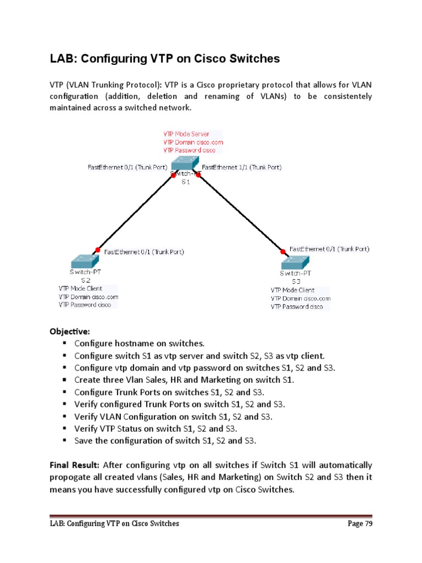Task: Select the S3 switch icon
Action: click(x=296, y=262)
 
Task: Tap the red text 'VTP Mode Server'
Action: click(x=188, y=134)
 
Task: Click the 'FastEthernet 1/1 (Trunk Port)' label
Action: click(x=242, y=167)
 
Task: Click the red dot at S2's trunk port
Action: click(x=98, y=249)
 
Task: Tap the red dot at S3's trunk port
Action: click(x=283, y=251)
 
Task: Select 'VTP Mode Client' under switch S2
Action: click(x=80, y=288)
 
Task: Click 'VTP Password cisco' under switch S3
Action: click(x=297, y=307)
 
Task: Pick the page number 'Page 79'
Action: click(x=360, y=523)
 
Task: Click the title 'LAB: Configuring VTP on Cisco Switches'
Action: click(x=165, y=59)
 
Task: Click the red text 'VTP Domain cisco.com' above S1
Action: click(x=193, y=142)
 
